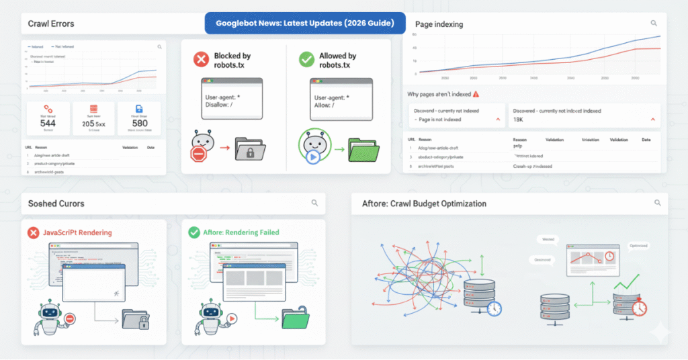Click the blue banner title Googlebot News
point(305,23)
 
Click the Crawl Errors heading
point(51,24)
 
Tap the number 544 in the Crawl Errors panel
point(48,124)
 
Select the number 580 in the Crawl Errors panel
point(140,124)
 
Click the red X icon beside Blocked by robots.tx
point(201,60)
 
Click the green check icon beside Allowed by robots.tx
point(306,60)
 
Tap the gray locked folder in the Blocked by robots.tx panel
point(253,149)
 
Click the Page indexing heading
point(438,24)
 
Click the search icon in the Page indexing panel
point(654,24)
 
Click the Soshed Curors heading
point(56,203)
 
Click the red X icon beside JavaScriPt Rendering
point(32,232)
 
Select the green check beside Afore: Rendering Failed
point(193,232)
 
